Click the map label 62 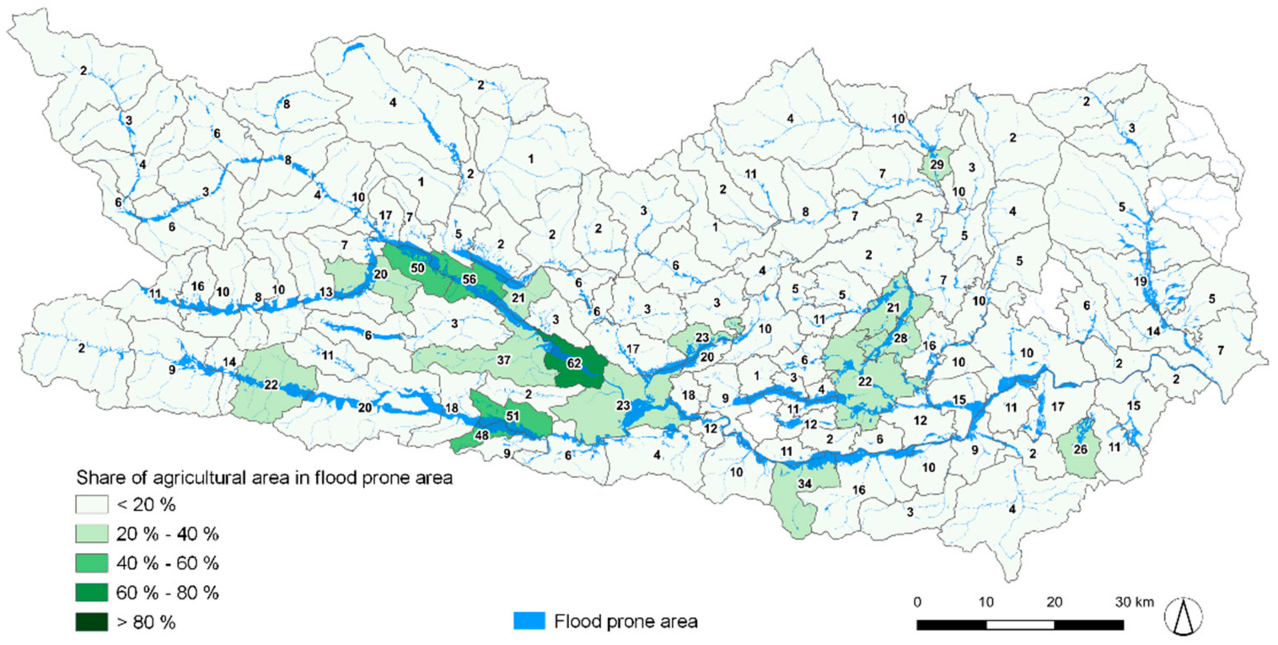pos(574,363)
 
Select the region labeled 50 pos(417,268)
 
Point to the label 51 pos(512,416)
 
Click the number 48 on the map pos(481,435)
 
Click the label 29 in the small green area pos(936,164)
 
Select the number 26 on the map pos(1080,449)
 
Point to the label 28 pos(900,338)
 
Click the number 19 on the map pos(1140,281)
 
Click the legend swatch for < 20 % pos(91,505)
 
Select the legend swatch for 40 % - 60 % pos(91,563)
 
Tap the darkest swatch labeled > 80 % pos(91,622)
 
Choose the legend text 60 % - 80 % pos(167,592)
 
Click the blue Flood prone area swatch pos(529,621)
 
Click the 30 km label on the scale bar pos(1134,602)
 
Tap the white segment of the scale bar pos(1020,625)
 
